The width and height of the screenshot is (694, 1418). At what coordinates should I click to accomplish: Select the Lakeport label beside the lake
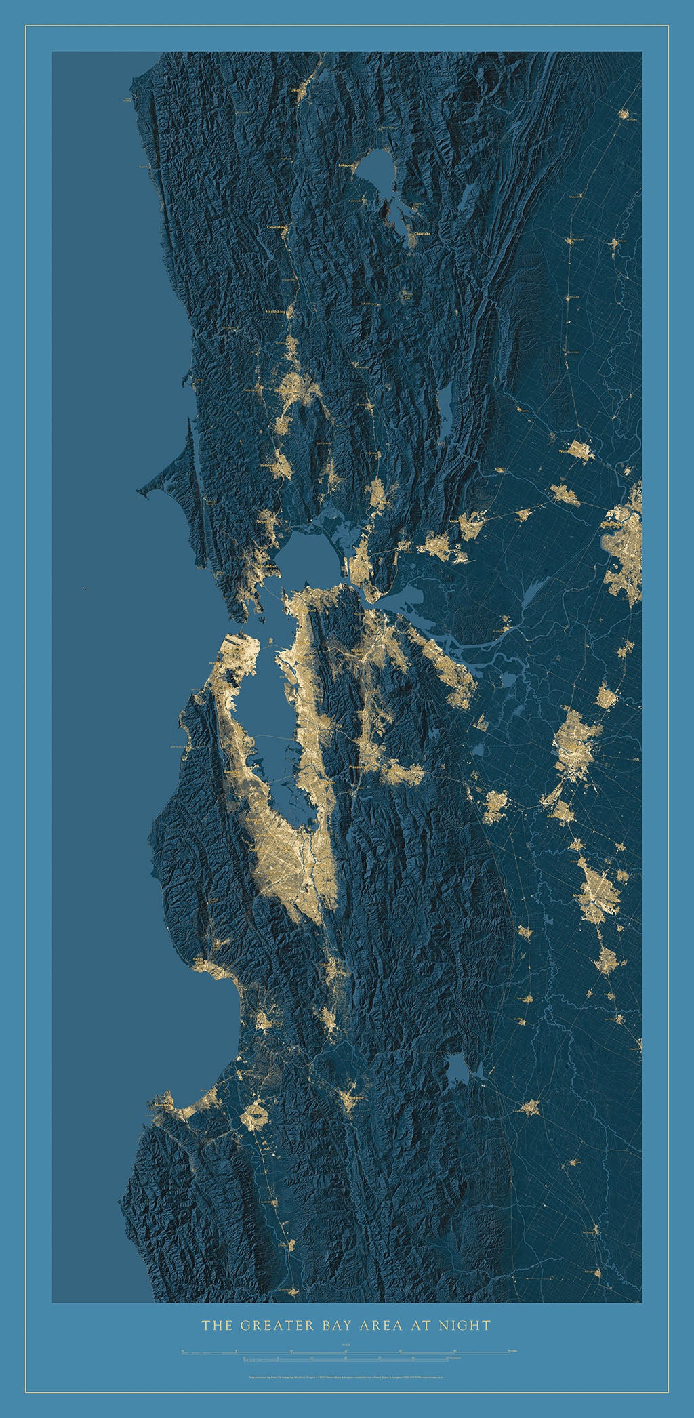pos(346,164)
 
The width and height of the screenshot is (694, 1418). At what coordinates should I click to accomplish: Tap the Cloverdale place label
pos(277,227)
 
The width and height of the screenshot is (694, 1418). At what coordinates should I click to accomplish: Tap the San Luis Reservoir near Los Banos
pos(458,1070)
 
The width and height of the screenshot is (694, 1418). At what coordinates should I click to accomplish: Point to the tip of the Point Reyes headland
pos(141,490)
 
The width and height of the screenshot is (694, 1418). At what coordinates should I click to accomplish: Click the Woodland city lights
pos(579,450)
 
